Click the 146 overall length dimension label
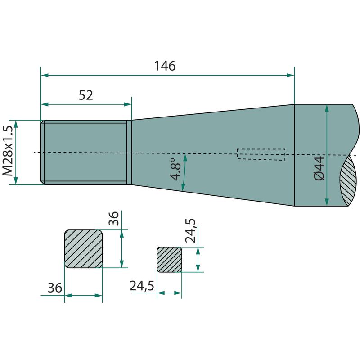(x=165, y=66)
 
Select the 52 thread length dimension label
(x=85, y=95)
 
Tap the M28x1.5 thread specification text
(x=8, y=151)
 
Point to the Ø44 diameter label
(x=319, y=168)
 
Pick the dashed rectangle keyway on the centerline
(x=261, y=154)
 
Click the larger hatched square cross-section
(x=83, y=249)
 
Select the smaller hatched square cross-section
(x=170, y=260)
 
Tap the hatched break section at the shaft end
(x=348, y=180)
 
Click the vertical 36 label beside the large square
(x=114, y=218)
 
